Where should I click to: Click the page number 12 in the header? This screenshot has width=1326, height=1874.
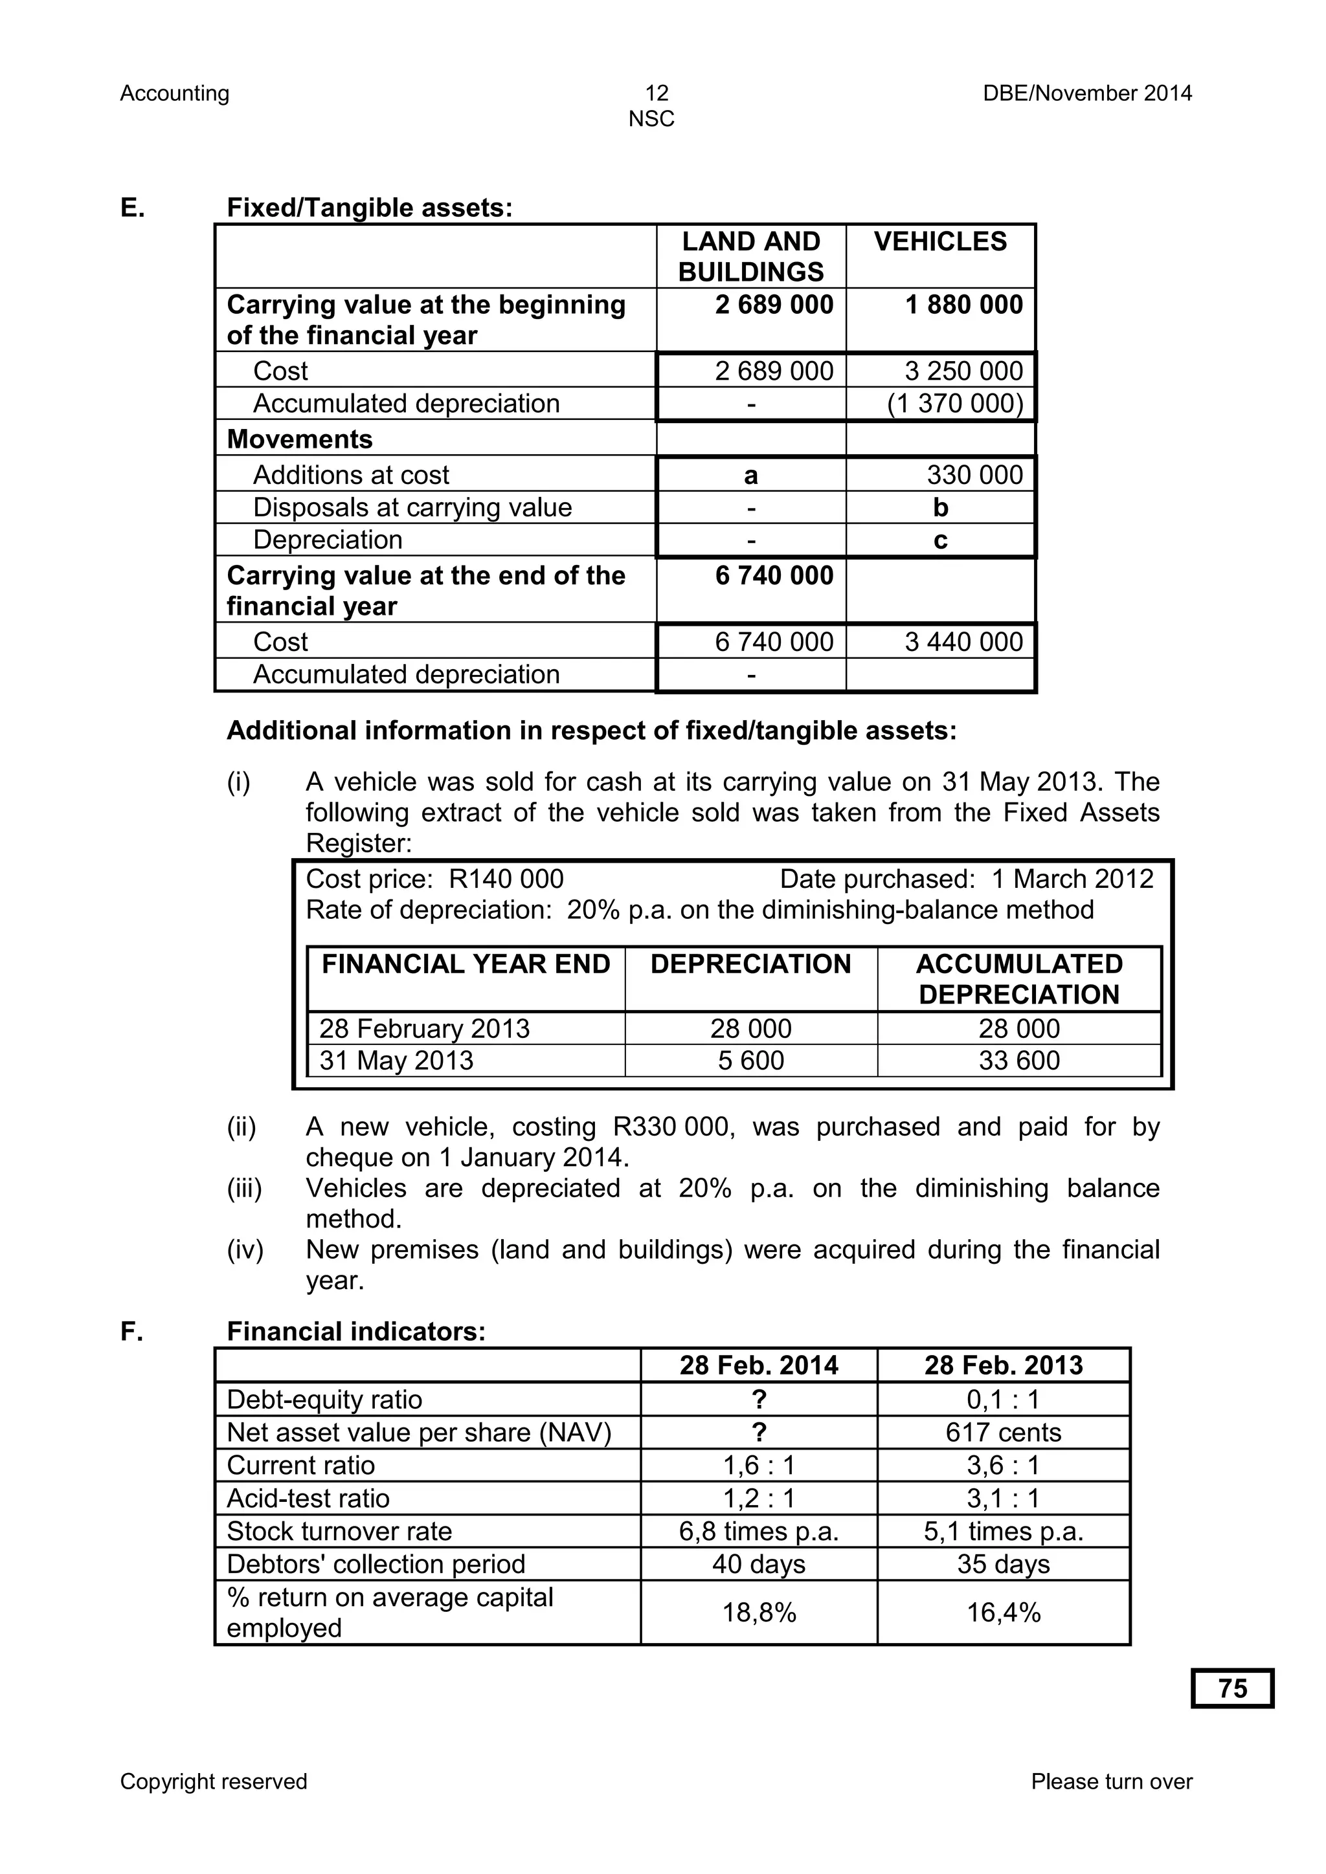[657, 93]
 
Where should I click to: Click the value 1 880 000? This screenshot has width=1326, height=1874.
[963, 305]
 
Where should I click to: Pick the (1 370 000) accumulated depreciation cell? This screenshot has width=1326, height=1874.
[954, 404]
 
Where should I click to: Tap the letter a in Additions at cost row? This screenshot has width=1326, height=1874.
[750, 475]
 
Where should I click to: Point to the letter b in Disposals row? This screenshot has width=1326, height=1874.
[941, 508]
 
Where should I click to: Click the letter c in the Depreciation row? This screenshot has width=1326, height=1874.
[941, 540]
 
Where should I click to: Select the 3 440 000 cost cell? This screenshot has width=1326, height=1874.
[963, 643]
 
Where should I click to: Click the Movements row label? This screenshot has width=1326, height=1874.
[300, 439]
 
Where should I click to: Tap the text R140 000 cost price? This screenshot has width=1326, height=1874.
[506, 879]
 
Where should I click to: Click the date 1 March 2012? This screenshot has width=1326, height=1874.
[1072, 879]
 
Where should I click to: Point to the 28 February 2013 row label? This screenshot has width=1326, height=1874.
[425, 1028]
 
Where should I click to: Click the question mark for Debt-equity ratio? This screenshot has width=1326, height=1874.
[759, 1400]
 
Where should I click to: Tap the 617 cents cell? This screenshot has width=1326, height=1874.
[1004, 1433]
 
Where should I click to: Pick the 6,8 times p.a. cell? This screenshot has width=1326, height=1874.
[759, 1531]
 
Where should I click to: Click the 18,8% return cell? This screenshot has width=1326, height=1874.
[759, 1613]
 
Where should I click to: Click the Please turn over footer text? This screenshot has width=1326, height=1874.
[1111, 1781]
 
